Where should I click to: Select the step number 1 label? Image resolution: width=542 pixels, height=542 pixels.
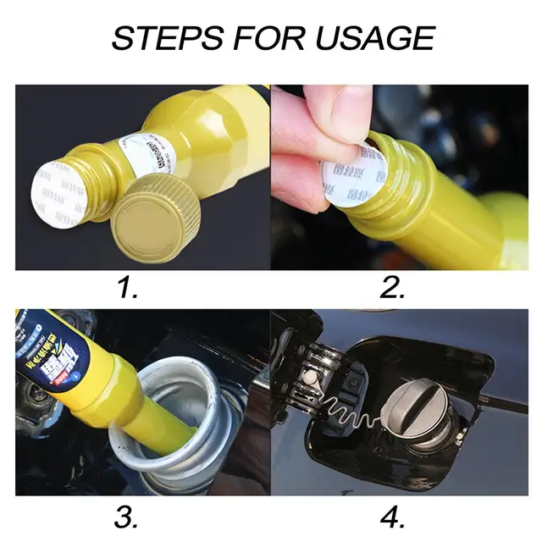tap(128, 288)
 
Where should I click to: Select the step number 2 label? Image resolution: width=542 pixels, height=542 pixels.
tap(392, 288)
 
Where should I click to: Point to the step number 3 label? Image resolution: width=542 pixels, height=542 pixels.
tap(128, 514)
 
